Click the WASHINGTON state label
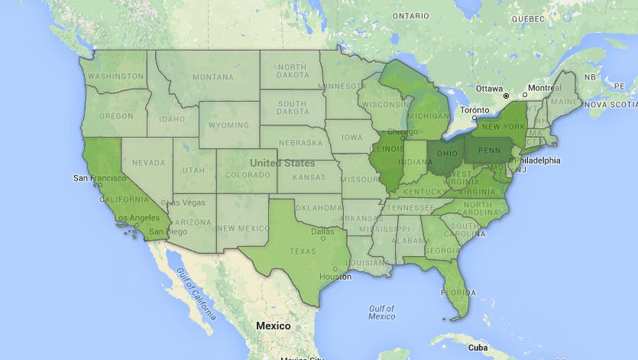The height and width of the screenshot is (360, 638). pyautogui.click(x=115, y=76)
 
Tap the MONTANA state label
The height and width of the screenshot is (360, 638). pyautogui.click(x=212, y=76)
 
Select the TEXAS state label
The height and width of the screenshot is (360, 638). pyautogui.click(x=303, y=251)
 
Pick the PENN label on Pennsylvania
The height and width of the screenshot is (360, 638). pyautogui.click(x=489, y=151)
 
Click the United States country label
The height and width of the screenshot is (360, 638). pyautogui.click(x=282, y=164)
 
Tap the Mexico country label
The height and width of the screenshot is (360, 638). pyautogui.click(x=273, y=326)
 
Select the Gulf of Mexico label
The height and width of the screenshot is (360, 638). pyautogui.click(x=381, y=312)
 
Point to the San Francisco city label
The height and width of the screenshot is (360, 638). pyautogui.click(x=99, y=177)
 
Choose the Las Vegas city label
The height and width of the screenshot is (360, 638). pyautogui.click(x=186, y=203)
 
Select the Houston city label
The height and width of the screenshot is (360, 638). pyautogui.click(x=335, y=277)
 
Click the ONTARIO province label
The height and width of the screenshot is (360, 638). pyautogui.click(x=411, y=15)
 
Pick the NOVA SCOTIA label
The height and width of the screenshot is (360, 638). pyautogui.click(x=611, y=104)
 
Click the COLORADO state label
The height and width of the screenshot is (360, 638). pyautogui.click(x=246, y=175)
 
